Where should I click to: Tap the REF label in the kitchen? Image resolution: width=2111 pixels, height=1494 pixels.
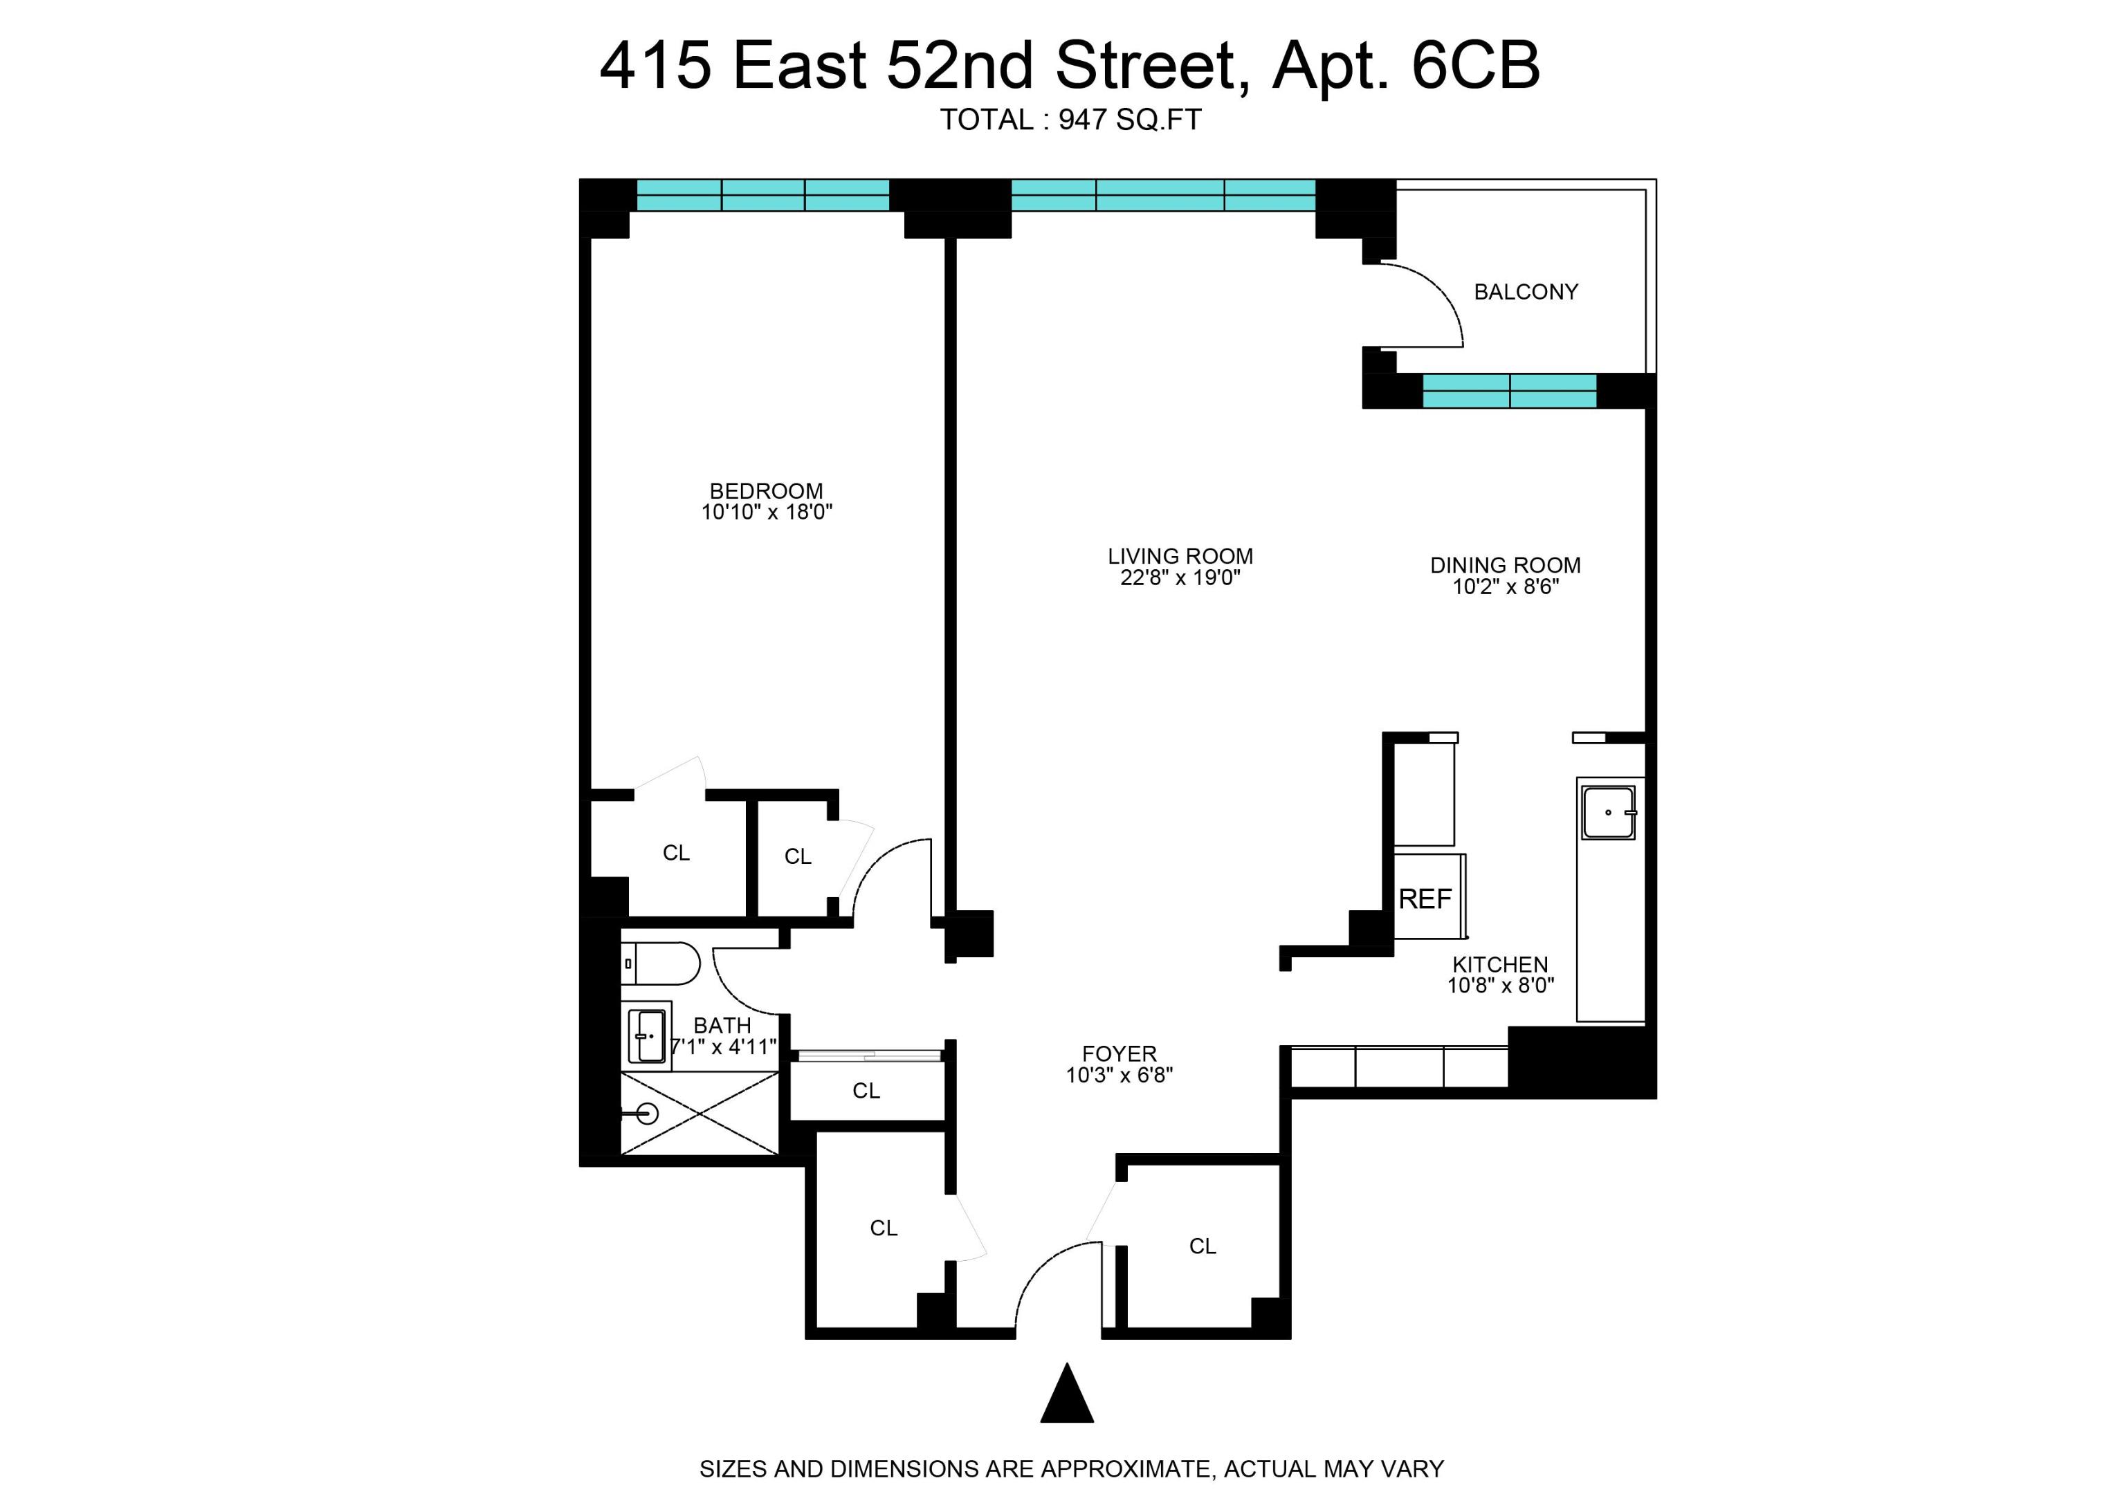click(1425, 898)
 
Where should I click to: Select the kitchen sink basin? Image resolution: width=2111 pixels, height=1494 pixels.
click(1607, 812)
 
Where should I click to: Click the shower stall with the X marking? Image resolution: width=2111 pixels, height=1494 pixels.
click(700, 1113)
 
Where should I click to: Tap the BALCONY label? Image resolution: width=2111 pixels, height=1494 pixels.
click(1526, 292)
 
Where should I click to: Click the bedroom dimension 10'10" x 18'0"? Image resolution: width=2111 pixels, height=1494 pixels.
click(767, 513)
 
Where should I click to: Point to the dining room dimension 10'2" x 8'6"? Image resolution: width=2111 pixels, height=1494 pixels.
click(1506, 587)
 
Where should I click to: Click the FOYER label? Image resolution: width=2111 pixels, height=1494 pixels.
click(1119, 1053)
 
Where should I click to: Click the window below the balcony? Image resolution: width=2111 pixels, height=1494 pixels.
click(1509, 391)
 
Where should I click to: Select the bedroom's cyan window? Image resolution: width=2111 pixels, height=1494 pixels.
click(763, 195)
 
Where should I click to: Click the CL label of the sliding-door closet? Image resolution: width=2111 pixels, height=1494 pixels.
click(866, 1090)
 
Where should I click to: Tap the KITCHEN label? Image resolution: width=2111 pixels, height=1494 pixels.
click(1500, 964)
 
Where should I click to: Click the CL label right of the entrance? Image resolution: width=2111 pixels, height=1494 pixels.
click(1202, 1246)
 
